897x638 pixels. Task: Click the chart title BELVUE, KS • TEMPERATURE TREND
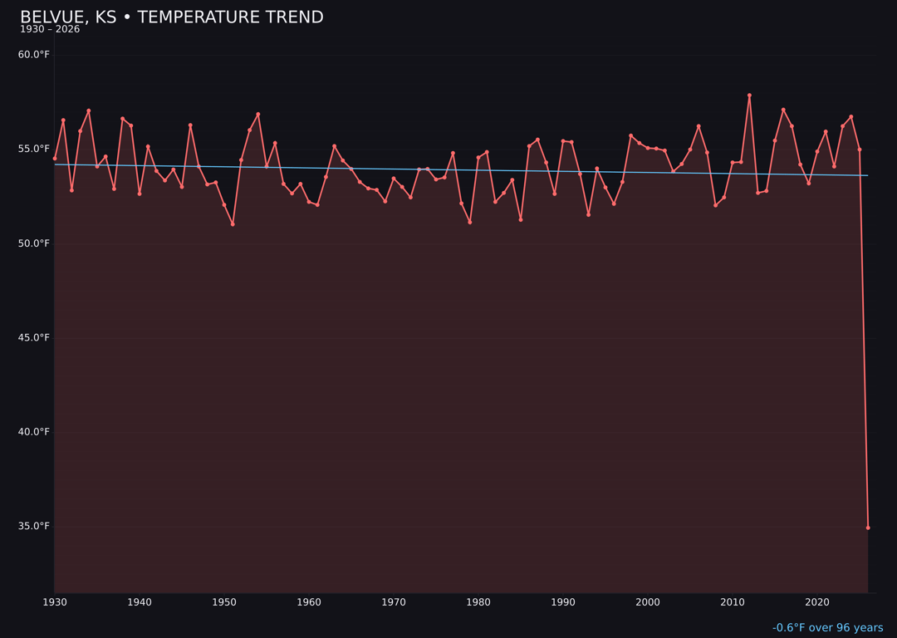point(171,17)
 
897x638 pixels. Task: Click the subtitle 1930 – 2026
point(50,29)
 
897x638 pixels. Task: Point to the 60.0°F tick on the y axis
point(34,55)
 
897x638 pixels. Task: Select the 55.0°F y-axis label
point(34,149)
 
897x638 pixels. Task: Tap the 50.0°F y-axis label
point(34,243)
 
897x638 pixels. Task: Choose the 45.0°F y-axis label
point(34,337)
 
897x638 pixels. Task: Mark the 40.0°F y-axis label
point(34,432)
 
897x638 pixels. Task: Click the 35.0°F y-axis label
point(34,526)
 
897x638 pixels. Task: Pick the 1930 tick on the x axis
point(55,602)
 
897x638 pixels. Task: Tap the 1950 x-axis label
point(224,602)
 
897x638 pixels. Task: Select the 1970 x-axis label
point(394,602)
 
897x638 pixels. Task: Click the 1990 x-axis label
point(563,602)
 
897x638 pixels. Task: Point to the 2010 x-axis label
point(733,602)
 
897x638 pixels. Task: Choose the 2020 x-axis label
point(817,602)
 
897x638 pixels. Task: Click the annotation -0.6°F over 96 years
point(827,628)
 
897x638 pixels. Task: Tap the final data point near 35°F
point(868,528)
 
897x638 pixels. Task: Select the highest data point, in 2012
point(749,96)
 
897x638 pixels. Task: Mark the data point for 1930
point(55,158)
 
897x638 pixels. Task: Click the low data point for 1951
point(233,224)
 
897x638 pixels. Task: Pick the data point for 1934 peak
point(89,110)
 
